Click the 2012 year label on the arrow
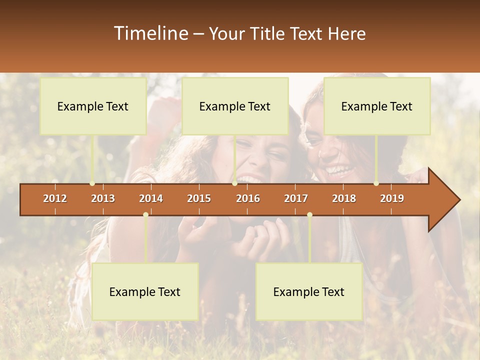pos(55,198)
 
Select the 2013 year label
pos(103,198)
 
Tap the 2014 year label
pos(151,198)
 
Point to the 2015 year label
pos(199,198)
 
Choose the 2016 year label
pos(248,198)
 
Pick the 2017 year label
pos(296,198)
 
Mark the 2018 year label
pos(344,198)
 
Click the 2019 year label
pos(392,198)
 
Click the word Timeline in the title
pos(150,33)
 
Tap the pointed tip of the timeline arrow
pos(458,200)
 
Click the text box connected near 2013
pos(93,106)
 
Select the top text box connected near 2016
pos(235,106)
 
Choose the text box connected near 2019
pos(377,106)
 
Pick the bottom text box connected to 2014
pos(145,291)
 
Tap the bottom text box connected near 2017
pos(309,291)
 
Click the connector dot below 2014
pos(145,215)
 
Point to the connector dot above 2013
pos(92,183)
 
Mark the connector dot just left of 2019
pos(376,183)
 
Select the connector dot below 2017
pos(309,215)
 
